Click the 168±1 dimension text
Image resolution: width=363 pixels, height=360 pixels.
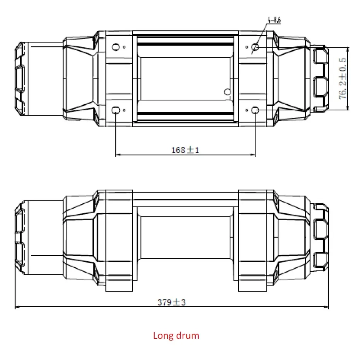coord(185,150)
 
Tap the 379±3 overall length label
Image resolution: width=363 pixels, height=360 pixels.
coord(172,302)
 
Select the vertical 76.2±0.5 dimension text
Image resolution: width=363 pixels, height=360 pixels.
coord(342,79)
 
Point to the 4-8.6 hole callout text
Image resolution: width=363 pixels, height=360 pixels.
coord(274,20)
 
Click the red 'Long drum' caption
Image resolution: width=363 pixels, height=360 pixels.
coord(176,336)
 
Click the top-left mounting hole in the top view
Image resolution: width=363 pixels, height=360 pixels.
coord(116,47)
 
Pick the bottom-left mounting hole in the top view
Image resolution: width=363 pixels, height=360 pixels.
coord(116,110)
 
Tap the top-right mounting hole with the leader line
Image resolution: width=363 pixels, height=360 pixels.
coord(255,47)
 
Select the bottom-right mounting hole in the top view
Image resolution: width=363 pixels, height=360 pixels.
coord(255,110)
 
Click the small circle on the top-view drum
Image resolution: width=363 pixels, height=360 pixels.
coord(227,92)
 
